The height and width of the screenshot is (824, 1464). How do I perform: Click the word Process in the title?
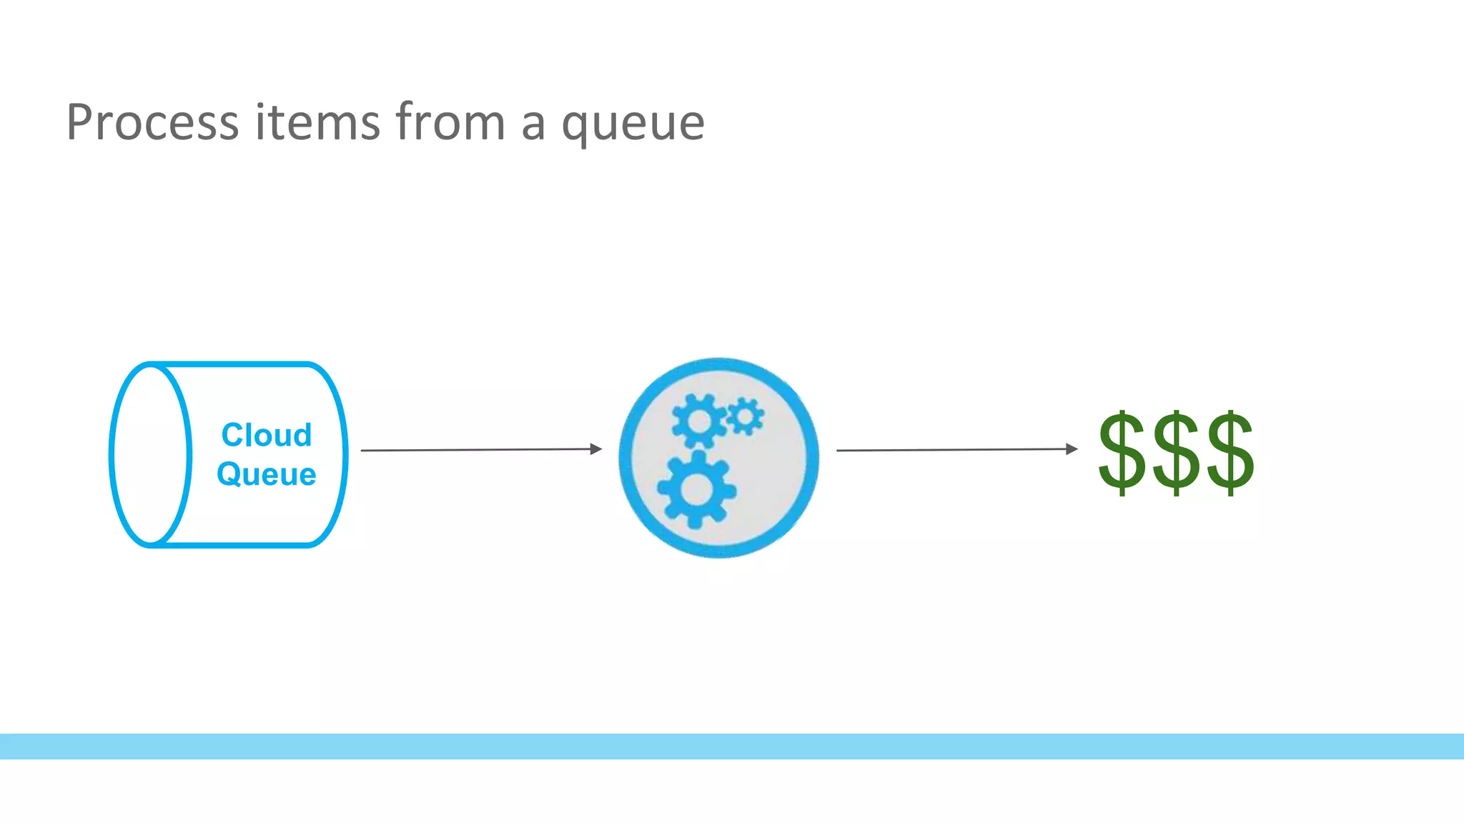pyautogui.click(x=152, y=122)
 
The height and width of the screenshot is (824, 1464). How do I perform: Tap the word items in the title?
pyautogui.click(x=318, y=122)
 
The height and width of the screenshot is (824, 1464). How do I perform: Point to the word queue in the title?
pyautogui.click(x=633, y=126)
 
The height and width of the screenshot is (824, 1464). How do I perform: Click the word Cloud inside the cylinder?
pyautogui.click(x=267, y=435)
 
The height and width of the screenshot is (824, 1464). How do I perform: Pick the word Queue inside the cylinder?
pyautogui.click(x=267, y=474)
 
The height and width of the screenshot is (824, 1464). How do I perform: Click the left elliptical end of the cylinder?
pyautogui.click(x=151, y=455)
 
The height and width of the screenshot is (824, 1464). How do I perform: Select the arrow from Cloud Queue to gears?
pyautogui.click(x=479, y=450)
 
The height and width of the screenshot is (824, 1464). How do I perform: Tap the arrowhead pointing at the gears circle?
pyautogui.click(x=596, y=449)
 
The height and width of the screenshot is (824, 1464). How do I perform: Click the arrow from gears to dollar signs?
pyautogui.click(x=954, y=450)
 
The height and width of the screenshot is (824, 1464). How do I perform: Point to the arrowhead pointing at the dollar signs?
pyautogui.click(x=1072, y=449)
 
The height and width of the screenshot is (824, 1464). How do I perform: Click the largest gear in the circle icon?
pyautogui.click(x=696, y=490)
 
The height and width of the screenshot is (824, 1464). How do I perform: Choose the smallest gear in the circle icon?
pyautogui.click(x=745, y=416)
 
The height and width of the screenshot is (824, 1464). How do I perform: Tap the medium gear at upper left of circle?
pyautogui.click(x=698, y=421)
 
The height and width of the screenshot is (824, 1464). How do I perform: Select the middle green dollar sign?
pyautogui.click(x=1176, y=452)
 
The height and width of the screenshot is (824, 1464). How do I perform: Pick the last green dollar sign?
pyautogui.click(x=1230, y=452)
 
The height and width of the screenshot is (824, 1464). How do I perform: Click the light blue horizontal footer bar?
pyautogui.click(x=732, y=746)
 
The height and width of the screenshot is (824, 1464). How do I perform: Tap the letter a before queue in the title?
pyautogui.click(x=533, y=124)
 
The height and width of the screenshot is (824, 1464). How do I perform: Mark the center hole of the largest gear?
pyautogui.click(x=696, y=490)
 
